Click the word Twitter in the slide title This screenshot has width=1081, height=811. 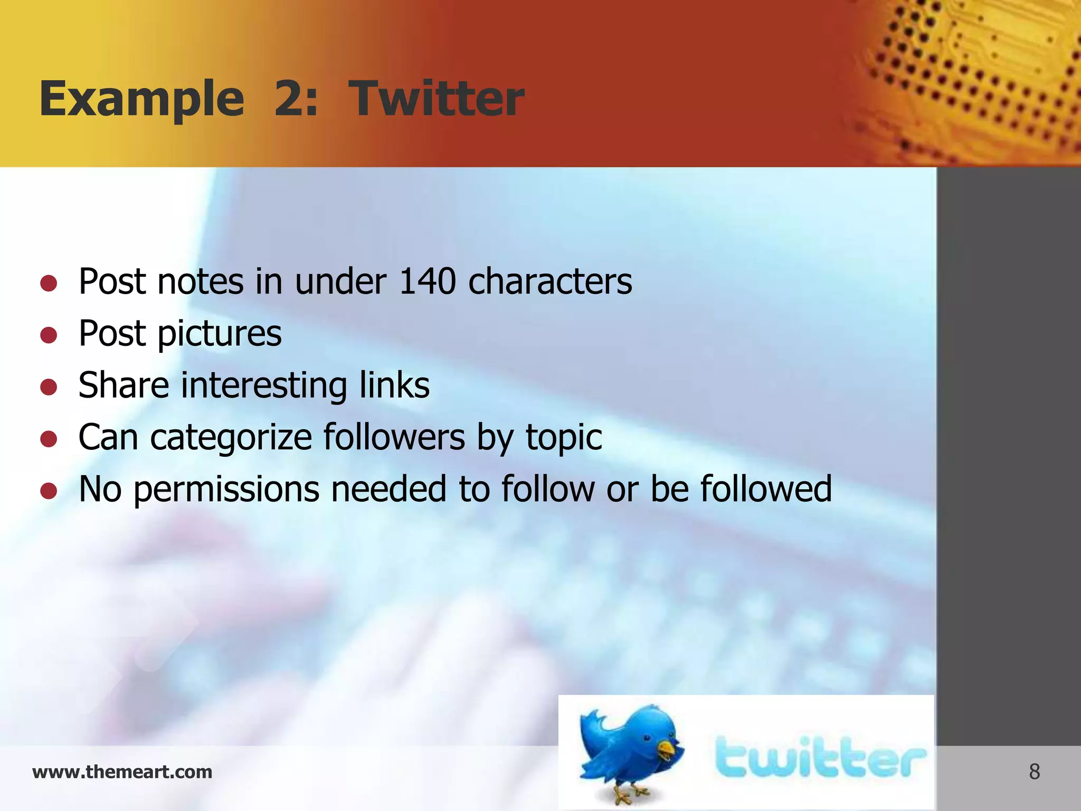(x=437, y=99)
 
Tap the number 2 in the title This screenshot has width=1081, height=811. (x=288, y=99)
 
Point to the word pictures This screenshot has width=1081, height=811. (x=220, y=334)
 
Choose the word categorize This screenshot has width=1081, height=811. (x=231, y=438)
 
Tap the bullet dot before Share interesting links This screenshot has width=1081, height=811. (x=49, y=387)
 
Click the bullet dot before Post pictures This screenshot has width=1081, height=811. (x=49, y=335)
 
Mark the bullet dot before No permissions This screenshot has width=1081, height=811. (x=49, y=491)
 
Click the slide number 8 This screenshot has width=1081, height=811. (x=1034, y=772)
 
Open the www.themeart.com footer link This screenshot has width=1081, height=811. (x=122, y=772)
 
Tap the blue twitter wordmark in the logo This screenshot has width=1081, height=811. (x=820, y=758)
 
